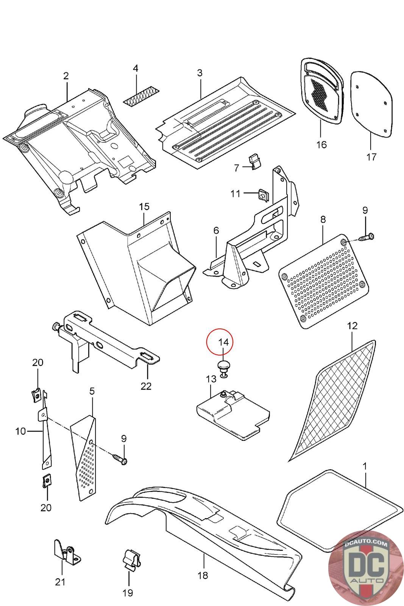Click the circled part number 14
point(223,342)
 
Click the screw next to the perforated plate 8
point(366,237)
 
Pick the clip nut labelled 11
point(263,195)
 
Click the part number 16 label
point(321,145)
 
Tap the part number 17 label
point(371,156)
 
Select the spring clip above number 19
point(131,560)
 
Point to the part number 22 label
point(146,386)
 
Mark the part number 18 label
point(203,575)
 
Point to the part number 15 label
point(144,207)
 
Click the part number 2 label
point(66,76)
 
